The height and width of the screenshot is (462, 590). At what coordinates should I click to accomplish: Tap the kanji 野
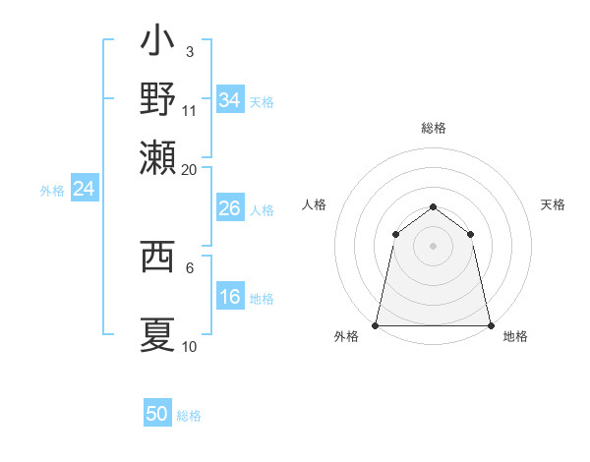point(157,98)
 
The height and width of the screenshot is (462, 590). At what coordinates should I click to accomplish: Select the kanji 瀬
point(157,155)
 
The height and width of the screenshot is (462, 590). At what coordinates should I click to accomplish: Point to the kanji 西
point(157,258)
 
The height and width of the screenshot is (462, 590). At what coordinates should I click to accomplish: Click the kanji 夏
point(157,334)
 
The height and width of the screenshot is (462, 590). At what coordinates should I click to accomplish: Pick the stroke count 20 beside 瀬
point(190,169)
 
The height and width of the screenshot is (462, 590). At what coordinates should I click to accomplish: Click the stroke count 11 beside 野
point(190,111)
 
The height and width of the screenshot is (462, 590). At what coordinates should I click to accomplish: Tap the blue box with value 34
point(229,99)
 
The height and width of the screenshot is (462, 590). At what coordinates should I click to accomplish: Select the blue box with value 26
point(229,208)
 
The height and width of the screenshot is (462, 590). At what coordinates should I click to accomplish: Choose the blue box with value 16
point(229,297)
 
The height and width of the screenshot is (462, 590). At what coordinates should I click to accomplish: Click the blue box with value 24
point(84,190)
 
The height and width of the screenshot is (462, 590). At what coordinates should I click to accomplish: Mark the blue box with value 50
point(157,414)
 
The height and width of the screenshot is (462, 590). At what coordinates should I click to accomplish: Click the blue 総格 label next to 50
point(189,416)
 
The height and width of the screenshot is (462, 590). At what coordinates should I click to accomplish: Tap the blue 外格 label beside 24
point(52,191)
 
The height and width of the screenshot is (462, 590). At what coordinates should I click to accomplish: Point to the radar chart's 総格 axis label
point(433,128)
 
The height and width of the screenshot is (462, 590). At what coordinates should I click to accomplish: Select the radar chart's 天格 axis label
point(553,204)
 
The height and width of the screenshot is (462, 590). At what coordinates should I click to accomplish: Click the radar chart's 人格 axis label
point(314,204)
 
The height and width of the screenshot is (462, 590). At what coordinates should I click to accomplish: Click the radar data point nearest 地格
point(490,324)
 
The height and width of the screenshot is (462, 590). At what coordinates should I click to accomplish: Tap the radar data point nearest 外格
point(376,324)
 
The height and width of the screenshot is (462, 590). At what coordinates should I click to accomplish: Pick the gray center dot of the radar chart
point(433,246)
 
